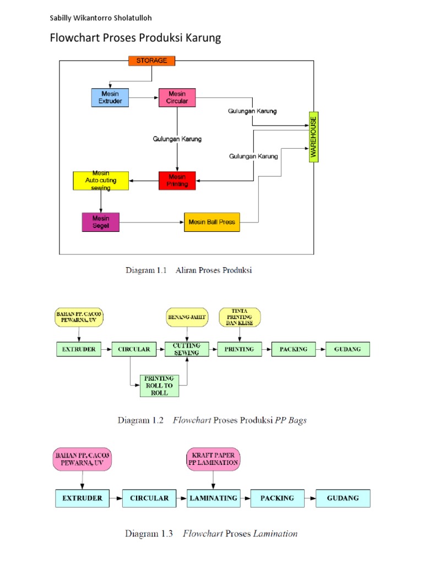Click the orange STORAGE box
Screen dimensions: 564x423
coord(151,61)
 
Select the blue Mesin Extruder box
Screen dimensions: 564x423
coord(110,97)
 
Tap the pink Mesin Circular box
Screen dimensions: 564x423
coord(177,97)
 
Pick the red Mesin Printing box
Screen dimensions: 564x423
coord(177,181)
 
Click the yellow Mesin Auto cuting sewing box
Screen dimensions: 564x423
coord(101,181)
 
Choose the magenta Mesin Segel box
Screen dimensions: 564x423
coord(100,222)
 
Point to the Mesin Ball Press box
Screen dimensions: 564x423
coord(212,223)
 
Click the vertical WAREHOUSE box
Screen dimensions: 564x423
coord(313,137)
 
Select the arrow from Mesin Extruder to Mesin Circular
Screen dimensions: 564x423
coord(144,98)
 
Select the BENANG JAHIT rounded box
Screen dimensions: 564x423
coord(187,317)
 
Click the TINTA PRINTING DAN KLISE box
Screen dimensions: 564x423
coord(240,317)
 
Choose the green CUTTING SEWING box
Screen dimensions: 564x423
coord(187,349)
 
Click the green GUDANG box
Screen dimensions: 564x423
coord(348,349)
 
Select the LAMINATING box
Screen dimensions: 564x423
coord(213,498)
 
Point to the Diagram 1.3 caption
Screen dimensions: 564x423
coord(211,534)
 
